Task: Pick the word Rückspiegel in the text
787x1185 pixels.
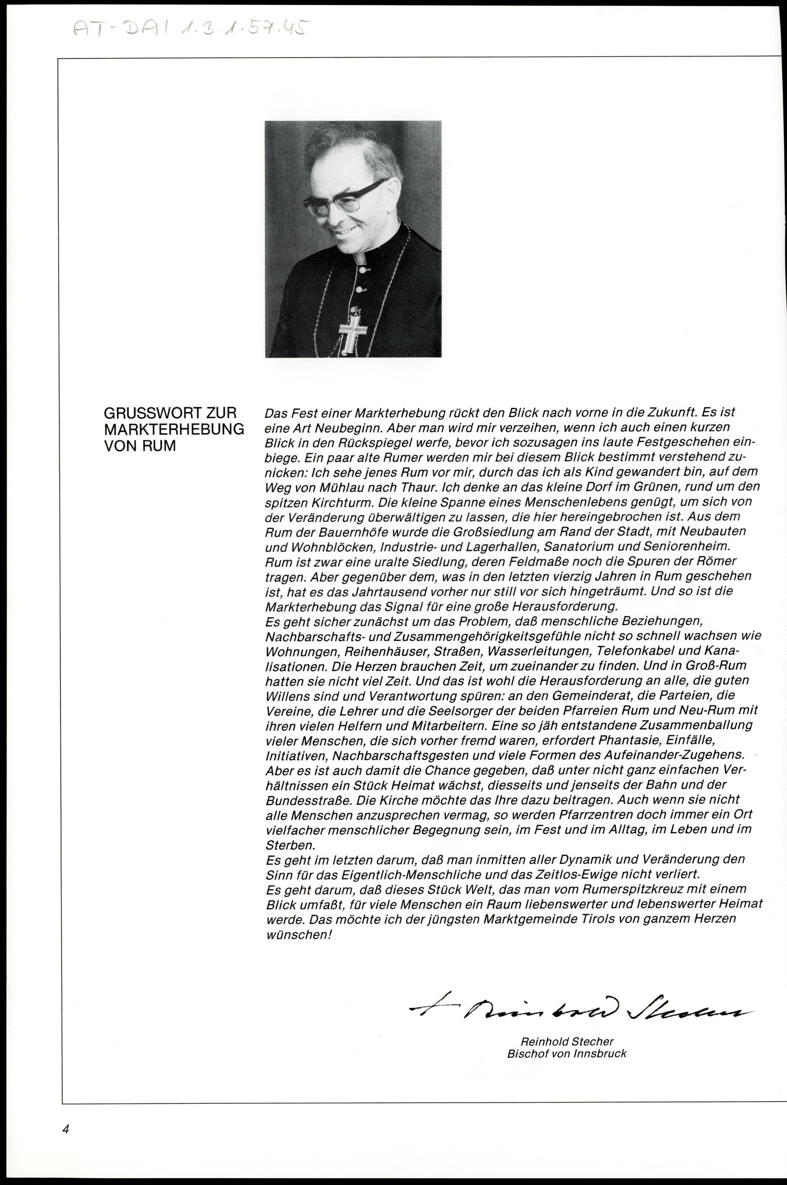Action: coord(348,444)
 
